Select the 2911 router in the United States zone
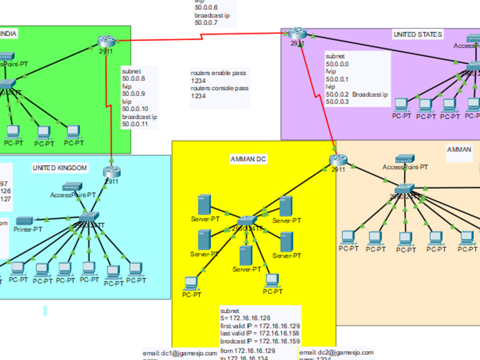pyautogui.click(x=297, y=33)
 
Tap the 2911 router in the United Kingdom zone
pyautogui.click(x=111, y=171)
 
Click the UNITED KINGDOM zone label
pyautogui.click(x=60, y=168)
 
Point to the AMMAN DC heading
pyautogui.click(x=248, y=159)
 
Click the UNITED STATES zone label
pyautogui.click(x=418, y=35)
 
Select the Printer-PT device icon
pyautogui.click(x=24, y=220)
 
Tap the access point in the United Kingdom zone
pyautogui.click(x=72, y=186)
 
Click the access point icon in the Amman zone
pyautogui.click(x=405, y=158)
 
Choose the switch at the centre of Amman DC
pyautogui.click(x=247, y=221)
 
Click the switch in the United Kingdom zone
pyautogui.click(x=89, y=216)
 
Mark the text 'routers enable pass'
pyautogui.click(x=218, y=73)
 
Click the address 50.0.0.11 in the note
pyautogui.click(x=134, y=124)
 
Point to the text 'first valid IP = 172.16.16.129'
pyautogui.click(x=260, y=326)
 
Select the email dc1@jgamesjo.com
pyautogui.click(x=180, y=353)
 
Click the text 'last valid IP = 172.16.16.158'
pyautogui.click(x=260, y=334)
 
